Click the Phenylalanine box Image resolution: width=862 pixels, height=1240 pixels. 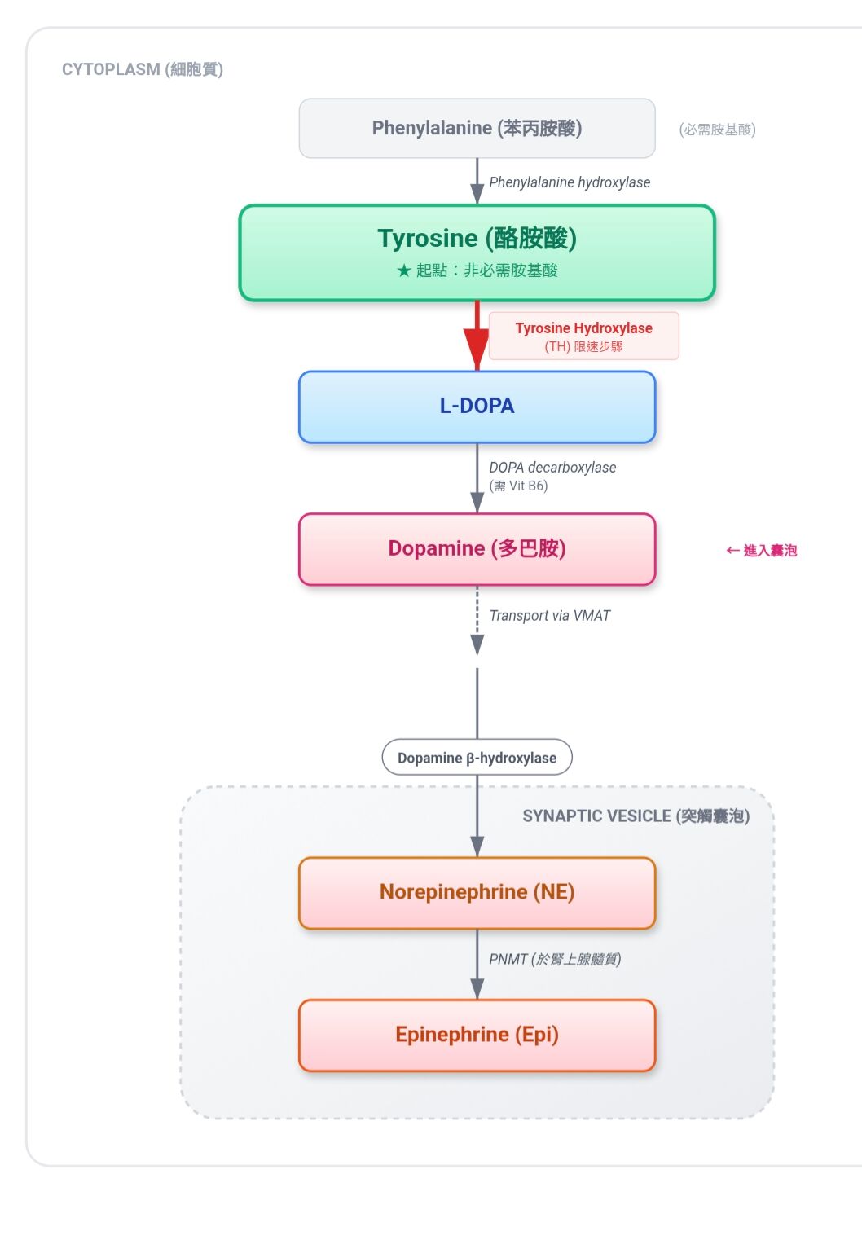477,129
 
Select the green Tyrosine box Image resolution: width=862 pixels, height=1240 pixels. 477,253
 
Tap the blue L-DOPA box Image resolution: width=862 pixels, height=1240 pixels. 477,407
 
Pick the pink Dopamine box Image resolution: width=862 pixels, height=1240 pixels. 477,549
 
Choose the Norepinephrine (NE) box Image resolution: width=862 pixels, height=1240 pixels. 477,893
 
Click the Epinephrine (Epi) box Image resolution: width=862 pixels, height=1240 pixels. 477,1035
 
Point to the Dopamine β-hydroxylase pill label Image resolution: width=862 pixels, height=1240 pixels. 477,758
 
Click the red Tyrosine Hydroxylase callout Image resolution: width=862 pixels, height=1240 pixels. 583,336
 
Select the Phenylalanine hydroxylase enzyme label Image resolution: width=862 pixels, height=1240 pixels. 570,182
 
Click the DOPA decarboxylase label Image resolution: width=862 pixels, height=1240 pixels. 552,468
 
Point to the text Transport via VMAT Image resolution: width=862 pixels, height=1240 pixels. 549,616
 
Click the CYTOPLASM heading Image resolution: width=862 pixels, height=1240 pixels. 142,69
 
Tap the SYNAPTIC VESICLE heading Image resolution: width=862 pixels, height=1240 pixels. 636,816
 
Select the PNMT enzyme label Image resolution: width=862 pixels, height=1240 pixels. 555,959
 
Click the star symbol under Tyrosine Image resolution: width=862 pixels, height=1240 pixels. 404,270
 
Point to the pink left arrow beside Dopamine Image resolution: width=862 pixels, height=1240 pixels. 732,551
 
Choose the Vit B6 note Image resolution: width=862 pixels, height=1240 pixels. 519,486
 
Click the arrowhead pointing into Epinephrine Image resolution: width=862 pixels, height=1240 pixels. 477,988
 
